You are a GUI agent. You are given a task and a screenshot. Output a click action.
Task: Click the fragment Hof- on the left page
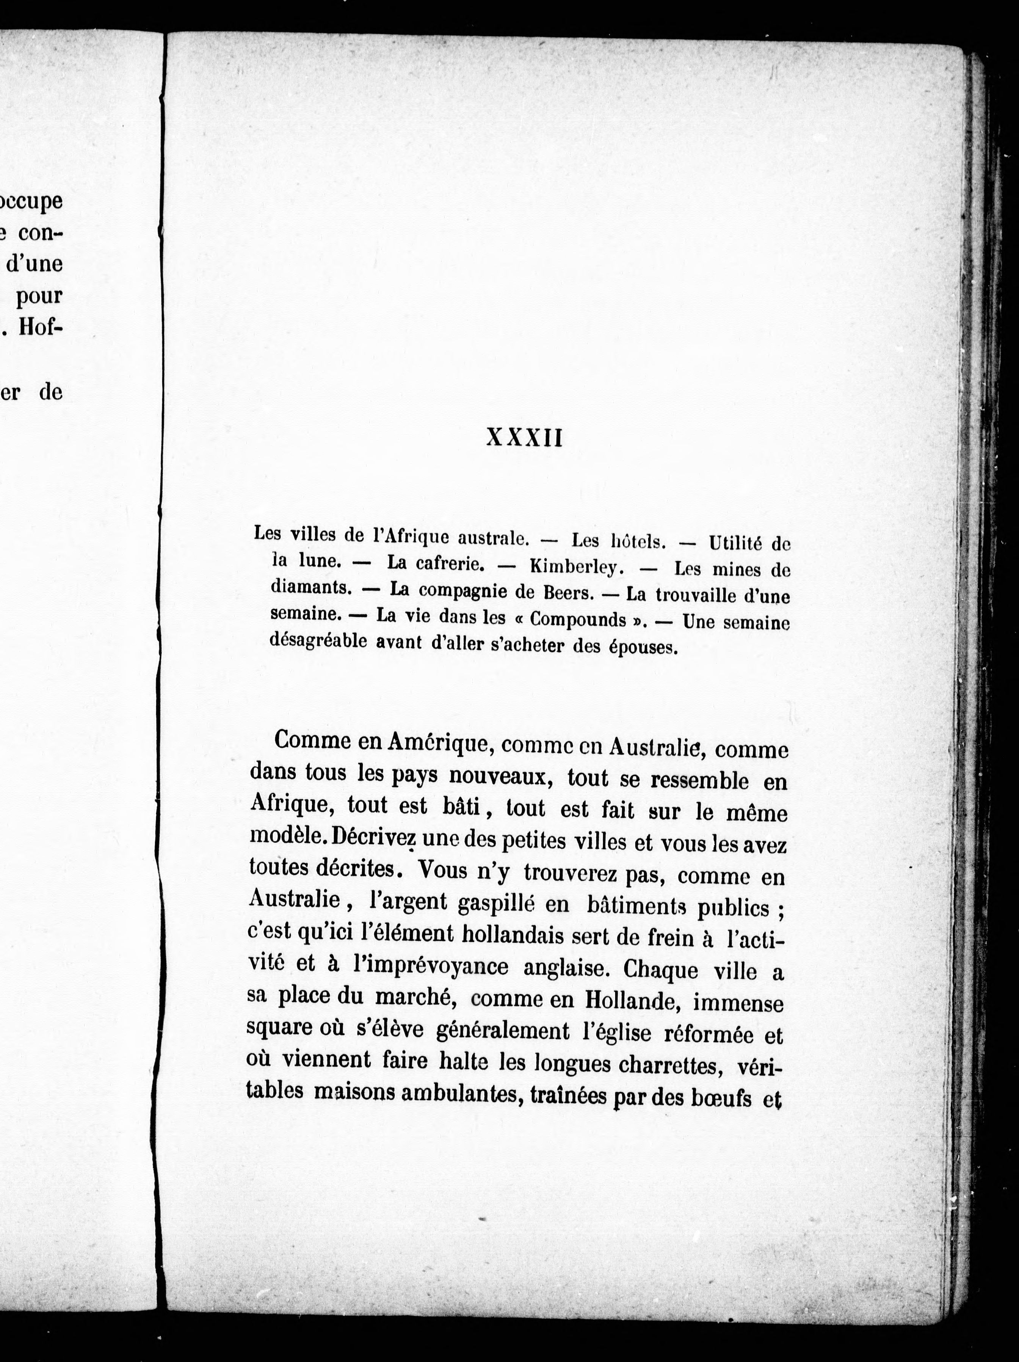click(x=41, y=326)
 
